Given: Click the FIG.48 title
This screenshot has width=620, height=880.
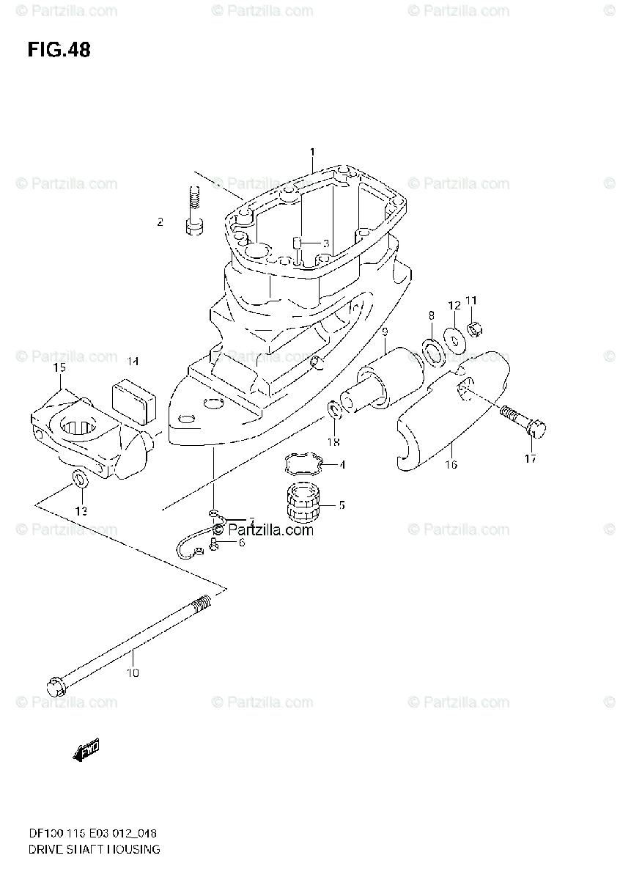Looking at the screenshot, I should pyautogui.click(x=59, y=50).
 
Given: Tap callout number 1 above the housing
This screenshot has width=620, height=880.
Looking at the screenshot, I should pyautogui.click(x=311, y=152).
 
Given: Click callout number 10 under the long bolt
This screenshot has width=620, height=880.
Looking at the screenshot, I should pyautogui.click(x=132, y=672).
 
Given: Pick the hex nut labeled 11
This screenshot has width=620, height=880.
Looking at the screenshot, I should pyautogui.click(x=473, y=330).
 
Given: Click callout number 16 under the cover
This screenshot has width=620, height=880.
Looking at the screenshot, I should pyautogui.click(x=451, y=464).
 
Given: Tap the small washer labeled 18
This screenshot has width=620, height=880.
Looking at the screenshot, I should pyautogui.click(x=334, y=408).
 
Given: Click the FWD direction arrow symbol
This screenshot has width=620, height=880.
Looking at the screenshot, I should pyautogui.click(x=86, y=749).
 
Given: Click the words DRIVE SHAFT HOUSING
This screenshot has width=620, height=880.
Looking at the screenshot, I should pyautogui.click(x=83, y=849).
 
